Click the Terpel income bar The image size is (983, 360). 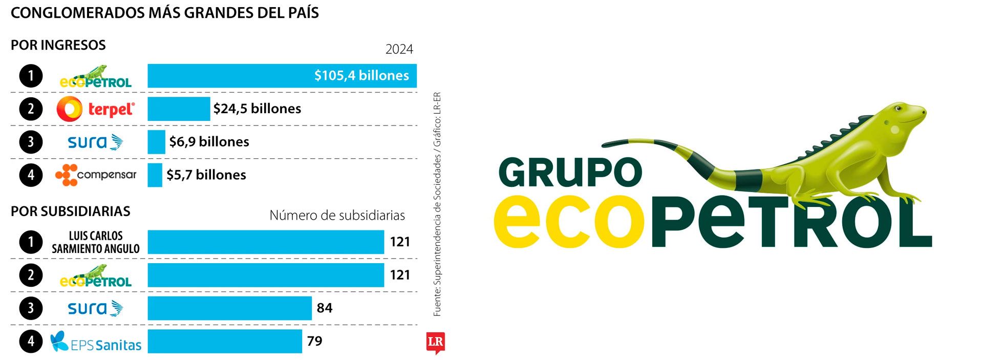(179, 109)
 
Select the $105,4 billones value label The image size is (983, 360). (361, 76)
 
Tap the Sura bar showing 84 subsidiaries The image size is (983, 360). (229, 308)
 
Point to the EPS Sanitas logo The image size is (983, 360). (96, 342)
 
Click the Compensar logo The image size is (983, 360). (96, 175)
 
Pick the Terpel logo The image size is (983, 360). (96, 109)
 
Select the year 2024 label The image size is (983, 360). (399, 49)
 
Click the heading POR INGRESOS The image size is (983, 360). (58, 45)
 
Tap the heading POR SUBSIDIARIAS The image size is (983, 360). (71, 211)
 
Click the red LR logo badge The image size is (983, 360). (435, 343)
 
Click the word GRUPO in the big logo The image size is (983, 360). (570, 173)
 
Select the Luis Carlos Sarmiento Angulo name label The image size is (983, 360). (96, 242)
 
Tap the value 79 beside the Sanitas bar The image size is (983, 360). (314, 341)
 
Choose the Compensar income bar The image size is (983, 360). (155, 175)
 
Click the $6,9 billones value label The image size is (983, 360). (209, 142)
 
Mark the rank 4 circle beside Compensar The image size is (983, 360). (31, 175)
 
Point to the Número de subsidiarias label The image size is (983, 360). (337, 215)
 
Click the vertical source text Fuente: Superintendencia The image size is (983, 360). (437, 205)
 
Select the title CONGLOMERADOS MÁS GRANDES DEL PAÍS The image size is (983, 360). (164, 13)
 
